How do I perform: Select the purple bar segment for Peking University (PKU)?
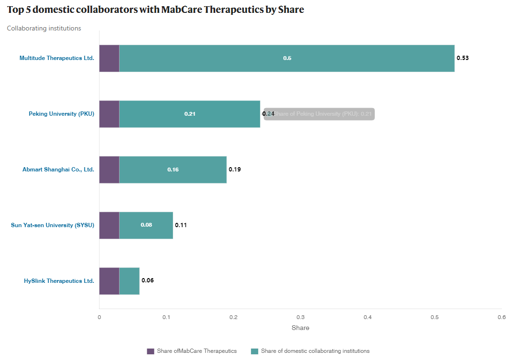click(x=109, y=114)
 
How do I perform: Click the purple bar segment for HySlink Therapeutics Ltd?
click(x=109, y=280)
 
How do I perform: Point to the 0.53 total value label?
click(x=462, y=58)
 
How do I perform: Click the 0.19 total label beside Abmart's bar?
click(x=235, y=170)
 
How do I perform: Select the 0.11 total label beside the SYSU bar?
click(x=181, y=225)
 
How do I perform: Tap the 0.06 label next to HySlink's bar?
click(x=148, y=280)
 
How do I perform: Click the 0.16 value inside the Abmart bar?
click(x=173, y=170)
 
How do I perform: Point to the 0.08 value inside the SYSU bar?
click(x=146, y=225)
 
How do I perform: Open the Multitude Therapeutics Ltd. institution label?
click(x=57, y=58)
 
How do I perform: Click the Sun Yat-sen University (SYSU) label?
click(x=52, y=225)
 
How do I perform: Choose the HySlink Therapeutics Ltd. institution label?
click(x=59, y=281)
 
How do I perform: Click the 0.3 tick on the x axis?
click(x=300, y=317)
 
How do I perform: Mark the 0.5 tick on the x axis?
click(x=434, y=317)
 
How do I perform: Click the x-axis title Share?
click(x=300, y=328)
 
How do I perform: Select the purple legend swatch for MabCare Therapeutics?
click(x=150, y=351)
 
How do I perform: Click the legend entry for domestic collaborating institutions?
click(x=315, y=351)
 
